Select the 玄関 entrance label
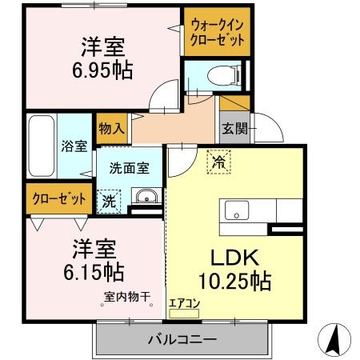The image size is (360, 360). coord(235,128)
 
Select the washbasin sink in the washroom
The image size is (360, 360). coord(145,198)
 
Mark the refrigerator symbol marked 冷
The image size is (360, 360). coord(219,162)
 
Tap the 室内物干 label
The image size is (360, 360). coord(127,298)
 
